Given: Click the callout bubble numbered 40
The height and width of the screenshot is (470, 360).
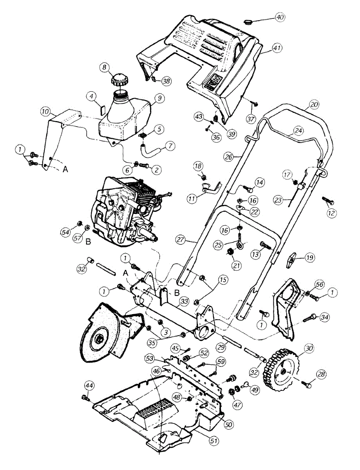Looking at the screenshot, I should (x=280, y=17).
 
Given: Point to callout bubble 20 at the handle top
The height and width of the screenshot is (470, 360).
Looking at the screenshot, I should (x=314, y=105).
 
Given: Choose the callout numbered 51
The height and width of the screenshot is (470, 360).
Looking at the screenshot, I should (x=213, y=441).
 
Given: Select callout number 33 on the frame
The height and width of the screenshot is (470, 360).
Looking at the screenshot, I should (x=184, y=302).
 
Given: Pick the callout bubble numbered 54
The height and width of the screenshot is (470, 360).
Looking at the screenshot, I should (x=65, y=233).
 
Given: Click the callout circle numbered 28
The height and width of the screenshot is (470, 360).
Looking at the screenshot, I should (x=321, y=374).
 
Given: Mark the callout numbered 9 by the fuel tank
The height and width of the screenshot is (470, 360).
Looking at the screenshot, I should (x=160, y=99).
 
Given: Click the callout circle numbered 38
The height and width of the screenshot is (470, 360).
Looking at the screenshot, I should (x=167, y=81).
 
